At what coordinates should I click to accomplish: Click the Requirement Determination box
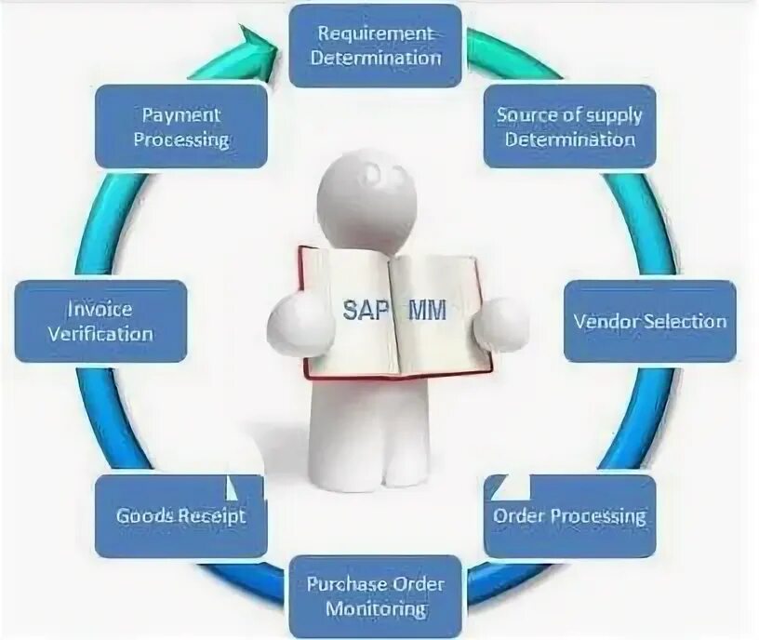pos(375,46)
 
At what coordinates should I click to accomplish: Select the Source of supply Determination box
pos(569,127)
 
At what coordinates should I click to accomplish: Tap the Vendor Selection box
pos(649,321)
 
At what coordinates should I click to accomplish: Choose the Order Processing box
pos(569,515)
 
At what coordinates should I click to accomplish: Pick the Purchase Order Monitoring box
pos(375,596)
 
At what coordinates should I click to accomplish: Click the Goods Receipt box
pos(180,515)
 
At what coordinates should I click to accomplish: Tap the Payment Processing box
pos(180,127)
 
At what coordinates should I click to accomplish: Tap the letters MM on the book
pos(428,311)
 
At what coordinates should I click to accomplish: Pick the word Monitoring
pos(376,609)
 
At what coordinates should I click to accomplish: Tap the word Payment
pos(180,115)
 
